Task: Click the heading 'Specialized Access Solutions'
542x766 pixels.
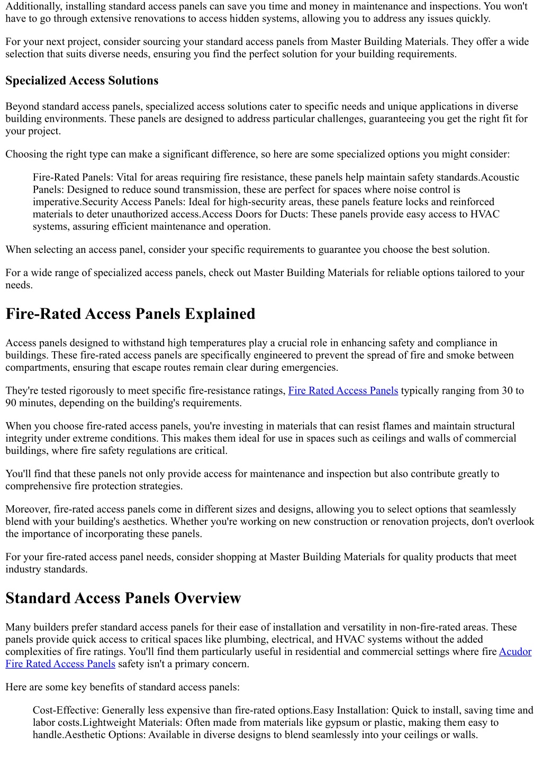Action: point(82,81)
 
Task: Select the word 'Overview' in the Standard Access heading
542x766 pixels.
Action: point(207,598)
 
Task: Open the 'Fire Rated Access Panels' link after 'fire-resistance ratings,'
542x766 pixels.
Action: point(343,391)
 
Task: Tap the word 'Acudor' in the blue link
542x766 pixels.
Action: point(515,652)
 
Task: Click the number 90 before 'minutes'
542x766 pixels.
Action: point(11,403)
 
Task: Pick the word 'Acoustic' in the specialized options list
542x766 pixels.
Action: point(500,177)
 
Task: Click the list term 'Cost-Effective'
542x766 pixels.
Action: point(65,710)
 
